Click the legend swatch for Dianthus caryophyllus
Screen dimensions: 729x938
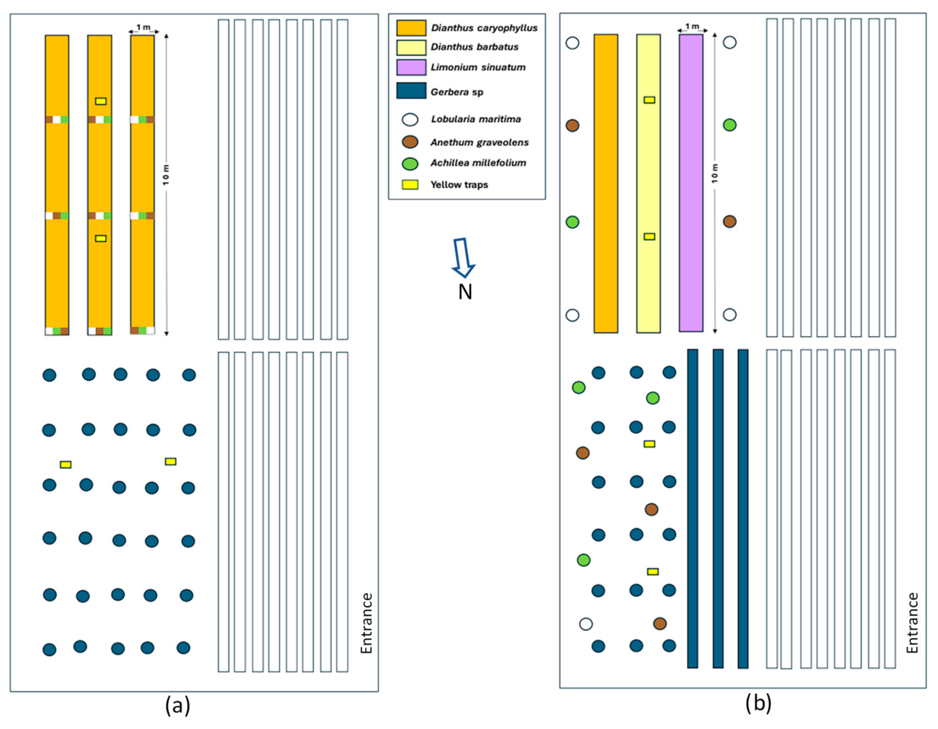(x=411, y=28)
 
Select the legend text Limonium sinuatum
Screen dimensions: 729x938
(x=478, y=67)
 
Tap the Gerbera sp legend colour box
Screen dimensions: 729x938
(x=411, y=91)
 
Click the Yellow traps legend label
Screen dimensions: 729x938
(x=459, y=185)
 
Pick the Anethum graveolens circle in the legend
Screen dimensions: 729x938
(x=410, y=142)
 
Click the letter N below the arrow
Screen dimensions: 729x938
(x=465, y=292)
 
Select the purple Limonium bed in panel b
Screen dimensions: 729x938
(x=690, y=183)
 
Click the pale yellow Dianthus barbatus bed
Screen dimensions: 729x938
(x=648, y=172)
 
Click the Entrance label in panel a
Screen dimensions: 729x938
(x=366, y=623)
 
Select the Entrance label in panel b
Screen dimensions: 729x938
(x=912, y=623)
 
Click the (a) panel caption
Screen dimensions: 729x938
(x=177, y=705)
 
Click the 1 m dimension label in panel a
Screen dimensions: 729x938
(x=144, y=27)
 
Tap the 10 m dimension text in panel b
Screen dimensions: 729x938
(x=715, y=173)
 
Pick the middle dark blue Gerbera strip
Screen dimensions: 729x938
(x=718, y=508)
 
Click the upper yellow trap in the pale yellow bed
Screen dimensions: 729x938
(x=649, y=100)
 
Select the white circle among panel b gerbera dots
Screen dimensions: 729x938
(x=586, y=624)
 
